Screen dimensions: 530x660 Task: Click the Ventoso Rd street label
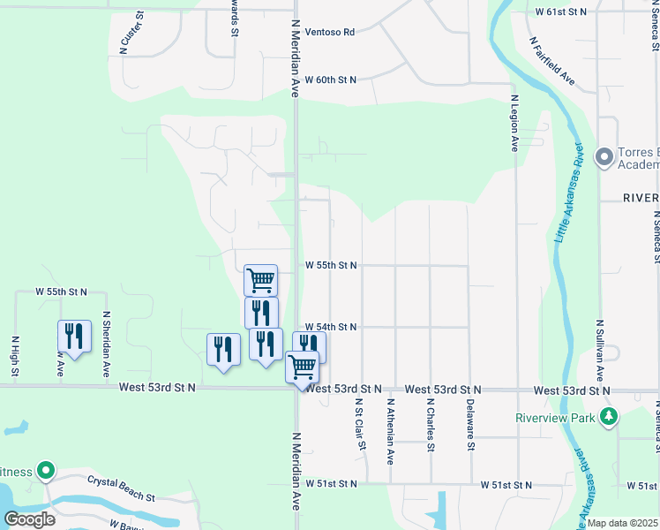pyautogui.click(x=330, y=32)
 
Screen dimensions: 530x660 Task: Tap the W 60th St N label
pyautogui.click(x=331, y=79)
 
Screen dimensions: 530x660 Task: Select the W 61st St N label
pyautogui.click(x=561, y=12)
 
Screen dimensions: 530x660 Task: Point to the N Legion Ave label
pyautogui.click(x=514, y=123)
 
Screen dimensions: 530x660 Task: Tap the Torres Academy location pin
pyautogui.click(x=604, y=157)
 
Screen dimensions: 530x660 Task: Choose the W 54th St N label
pyautogui.click(x=331, y=327)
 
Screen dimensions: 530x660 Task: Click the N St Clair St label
pyautogui.click(x=360, y=424)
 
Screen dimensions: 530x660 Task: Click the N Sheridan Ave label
pyautogui.click(x=106, y=344)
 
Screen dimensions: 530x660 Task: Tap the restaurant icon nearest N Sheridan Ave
pyautogui.click(x=74, y=337)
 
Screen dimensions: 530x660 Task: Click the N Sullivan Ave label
pyautogui.click(x=599, y=350)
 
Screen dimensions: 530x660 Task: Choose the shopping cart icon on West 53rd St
pyautogui.click(x=302, y=365)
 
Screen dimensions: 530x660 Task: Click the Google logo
pyautogui.click(x=29, y=519)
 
